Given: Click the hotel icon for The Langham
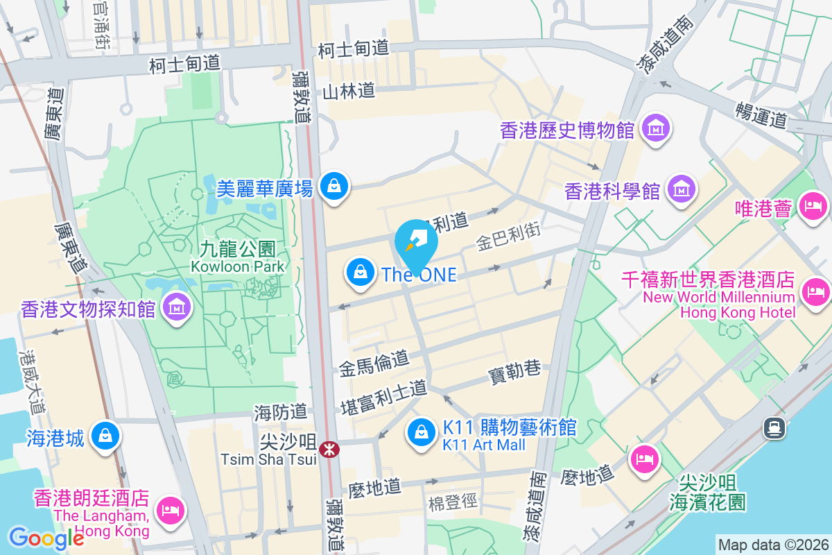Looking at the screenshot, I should pos(170,509).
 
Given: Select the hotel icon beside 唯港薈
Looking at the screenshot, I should pos(812,205).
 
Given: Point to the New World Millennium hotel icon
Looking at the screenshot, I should pos(815,289).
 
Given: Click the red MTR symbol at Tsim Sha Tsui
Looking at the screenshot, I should pos(329,450).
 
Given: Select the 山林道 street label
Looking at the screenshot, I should pos(349,90).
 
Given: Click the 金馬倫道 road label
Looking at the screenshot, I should pos(374,362).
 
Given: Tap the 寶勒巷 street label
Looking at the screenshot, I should pos(514,371).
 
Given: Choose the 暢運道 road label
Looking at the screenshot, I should pos(762,113).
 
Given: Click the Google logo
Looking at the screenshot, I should pos(46,538).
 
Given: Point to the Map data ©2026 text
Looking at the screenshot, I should pos(772,545).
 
